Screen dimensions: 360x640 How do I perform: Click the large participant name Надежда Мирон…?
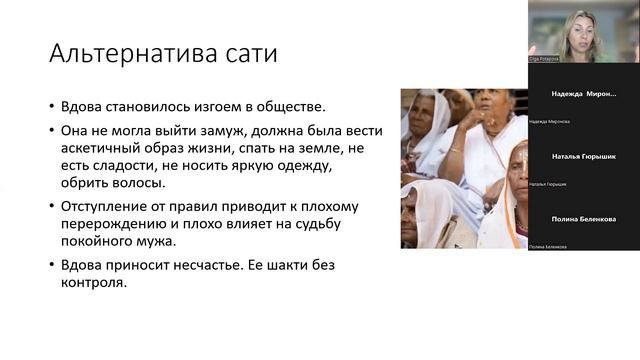pyautogui.click(x=584, y=93)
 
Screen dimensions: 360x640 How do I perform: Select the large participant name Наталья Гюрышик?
pyautogui.click(x=584, y=157)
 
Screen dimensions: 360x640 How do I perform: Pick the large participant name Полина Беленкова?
pyautogui.click(x=584, y=218)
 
